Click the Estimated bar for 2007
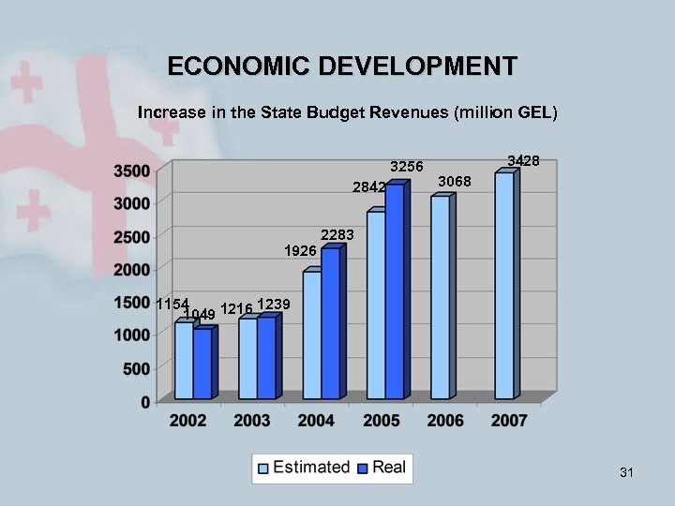click(x=503, y=286)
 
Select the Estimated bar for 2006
click(x=440, y=297)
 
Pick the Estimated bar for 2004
click(x=311, y=335)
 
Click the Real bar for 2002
click(x=202, y=365)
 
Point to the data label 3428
click(x=523, y=161)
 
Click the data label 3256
click(x=406, y=167)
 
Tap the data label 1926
click(x=300, y=251)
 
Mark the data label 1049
click(x=200, y=314)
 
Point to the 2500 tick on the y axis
click(x=131, y=236)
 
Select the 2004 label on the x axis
click(x=316, y=421)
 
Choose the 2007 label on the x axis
click(x=509, y=421)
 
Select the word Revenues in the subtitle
click(x=405, y=113)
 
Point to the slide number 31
click(x=626, y=473)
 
